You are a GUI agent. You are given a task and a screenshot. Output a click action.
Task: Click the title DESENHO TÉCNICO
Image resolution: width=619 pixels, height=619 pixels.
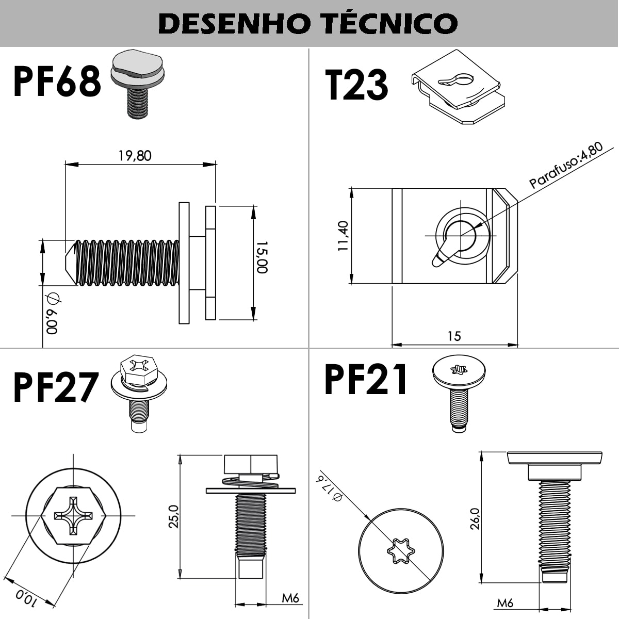coord(308,23)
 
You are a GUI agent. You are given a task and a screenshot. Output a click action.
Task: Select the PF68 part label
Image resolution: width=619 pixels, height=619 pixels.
coord(57,82)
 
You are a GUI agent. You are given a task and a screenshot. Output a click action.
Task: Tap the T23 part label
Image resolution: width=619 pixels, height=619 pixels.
coord(356,85)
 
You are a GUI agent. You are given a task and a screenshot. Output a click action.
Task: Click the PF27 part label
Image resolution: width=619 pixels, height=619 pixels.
coord(56,388)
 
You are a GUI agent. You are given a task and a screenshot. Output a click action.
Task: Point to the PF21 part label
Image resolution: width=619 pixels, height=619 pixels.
coord(366,380)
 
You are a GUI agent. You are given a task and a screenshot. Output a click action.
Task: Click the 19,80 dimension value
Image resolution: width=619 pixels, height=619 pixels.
coord(135,155)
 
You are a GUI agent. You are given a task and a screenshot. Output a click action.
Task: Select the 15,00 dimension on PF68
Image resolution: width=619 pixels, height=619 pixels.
coord(262,257)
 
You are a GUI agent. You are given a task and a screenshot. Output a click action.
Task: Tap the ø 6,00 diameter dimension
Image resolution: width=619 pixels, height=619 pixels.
coord(52,314)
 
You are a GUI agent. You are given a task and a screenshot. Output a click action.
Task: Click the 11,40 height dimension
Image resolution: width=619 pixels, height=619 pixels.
coord(344,236)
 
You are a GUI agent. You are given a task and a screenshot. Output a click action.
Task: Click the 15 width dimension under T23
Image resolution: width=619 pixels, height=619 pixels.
coord(454,336)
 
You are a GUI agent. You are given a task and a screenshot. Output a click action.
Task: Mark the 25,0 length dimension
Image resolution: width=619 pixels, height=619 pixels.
coord(173,516)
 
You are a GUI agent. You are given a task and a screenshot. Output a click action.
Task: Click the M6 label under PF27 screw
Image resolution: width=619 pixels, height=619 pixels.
coord(290,598)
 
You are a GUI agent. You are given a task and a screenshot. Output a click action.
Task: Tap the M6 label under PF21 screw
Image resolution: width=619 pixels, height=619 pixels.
coord(505,602)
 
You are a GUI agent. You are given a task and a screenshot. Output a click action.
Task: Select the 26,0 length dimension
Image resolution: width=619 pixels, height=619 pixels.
coord(475,518)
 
